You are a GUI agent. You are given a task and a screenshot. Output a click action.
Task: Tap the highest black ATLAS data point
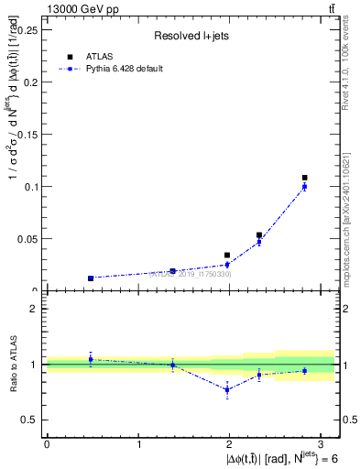(305, 178)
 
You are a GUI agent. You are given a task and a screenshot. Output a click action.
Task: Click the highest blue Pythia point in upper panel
(305, 186)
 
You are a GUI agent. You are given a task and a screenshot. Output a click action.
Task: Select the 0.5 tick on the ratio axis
(30, 420)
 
